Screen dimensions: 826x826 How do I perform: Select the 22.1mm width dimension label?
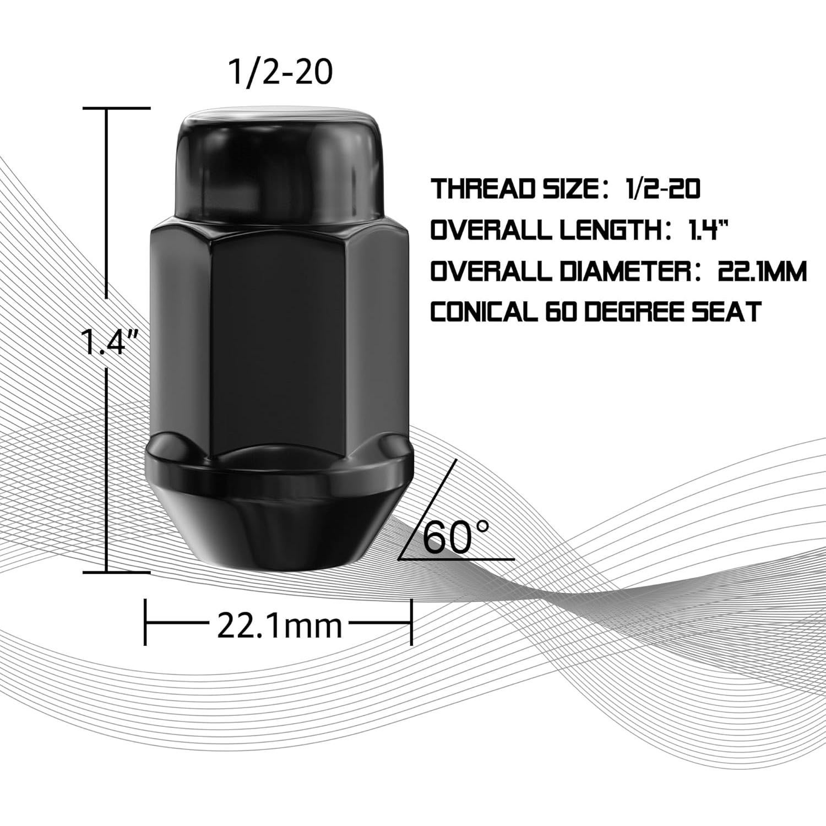pos(279,626)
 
